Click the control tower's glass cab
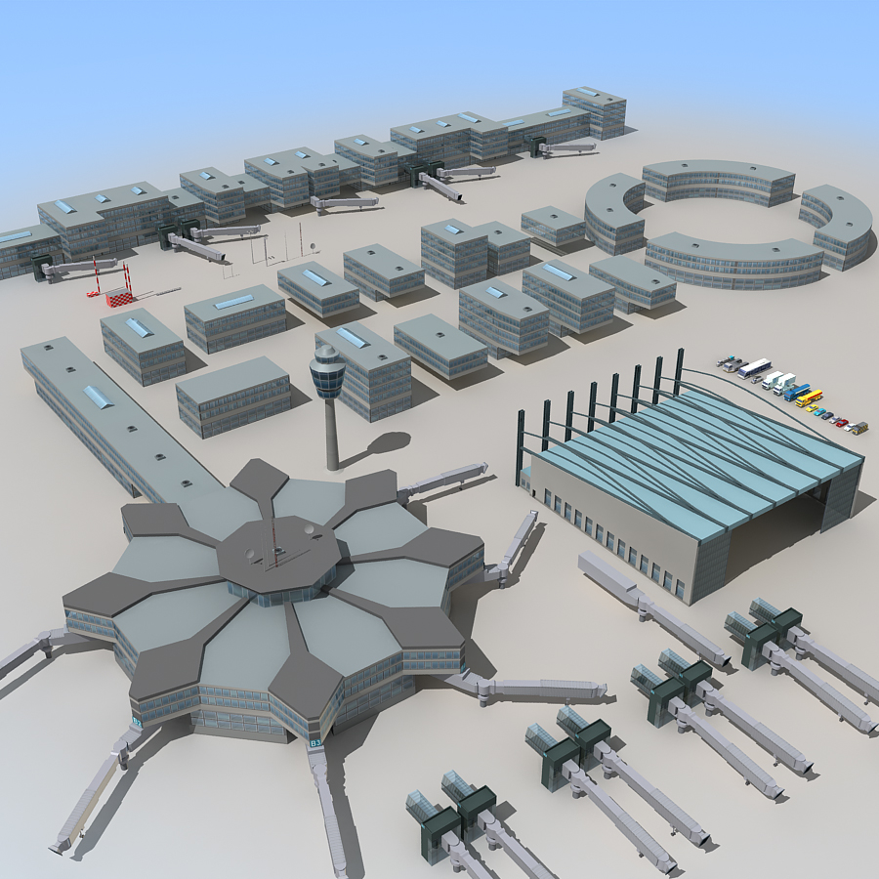(327, 370)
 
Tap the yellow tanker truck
(809, 398)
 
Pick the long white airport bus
(754, 368)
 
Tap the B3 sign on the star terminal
(315, 743)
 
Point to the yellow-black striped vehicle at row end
(858, 428)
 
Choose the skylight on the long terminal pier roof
(97, 397)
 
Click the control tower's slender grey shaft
(332, 430)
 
